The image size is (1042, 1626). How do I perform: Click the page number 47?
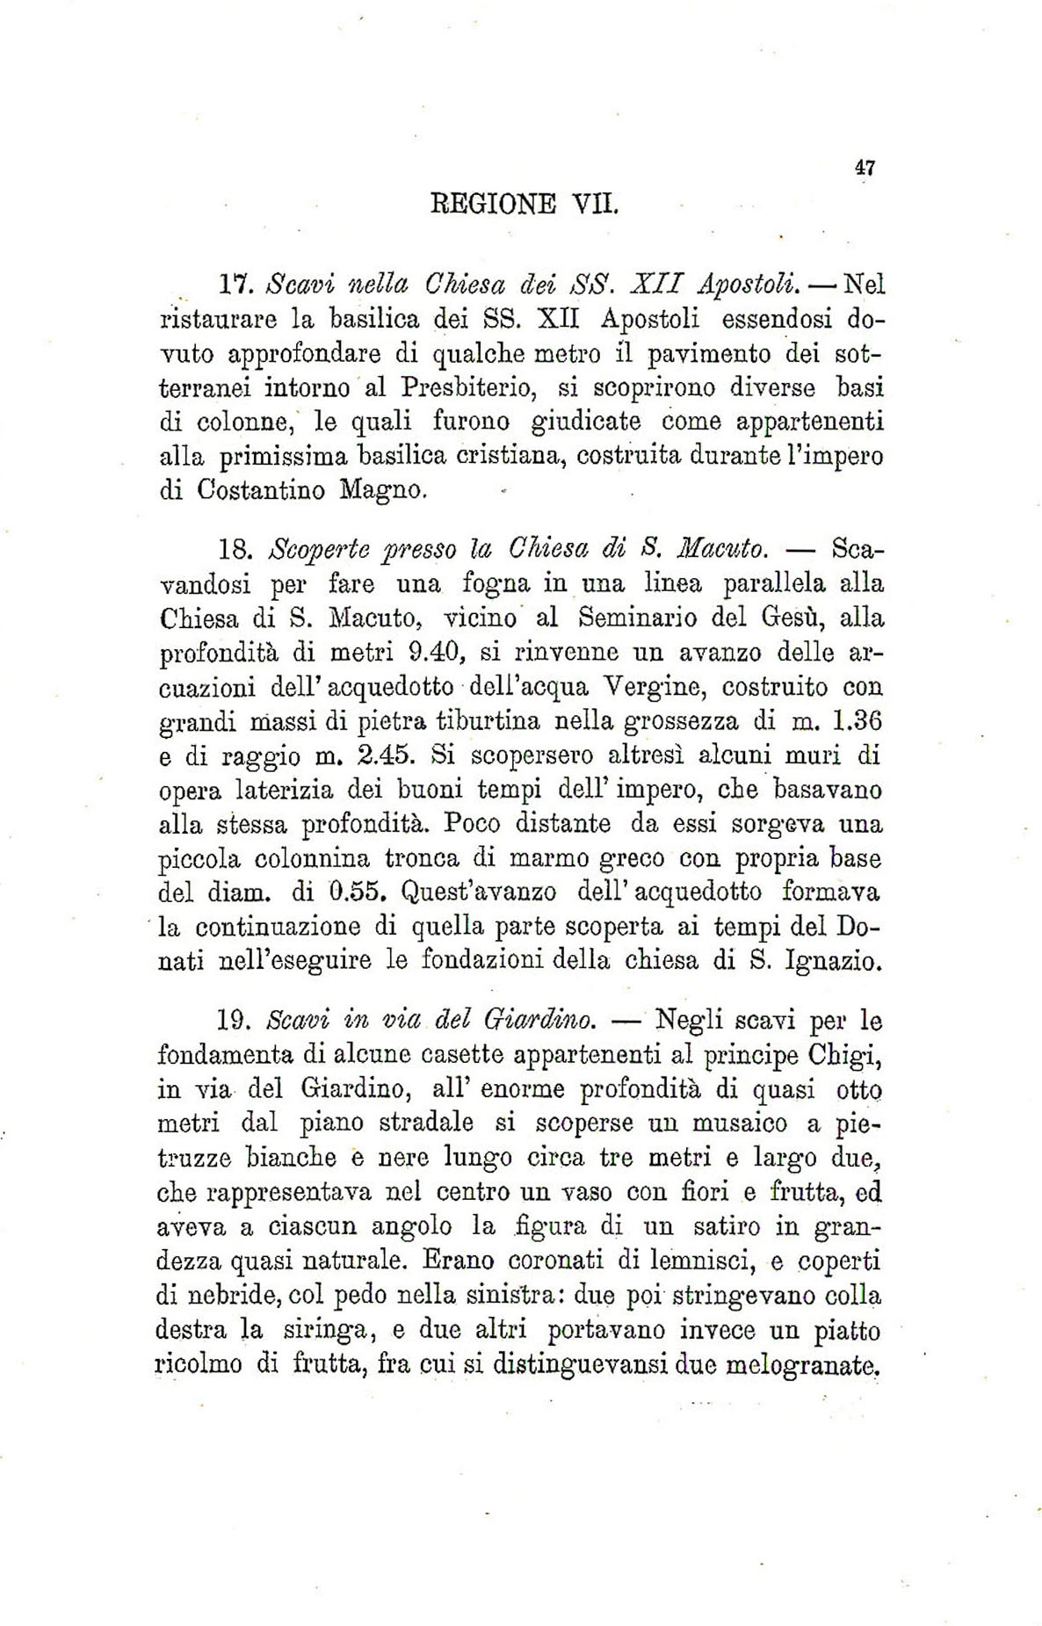pos(865,168)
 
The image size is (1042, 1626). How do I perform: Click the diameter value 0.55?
pos(357,892)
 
